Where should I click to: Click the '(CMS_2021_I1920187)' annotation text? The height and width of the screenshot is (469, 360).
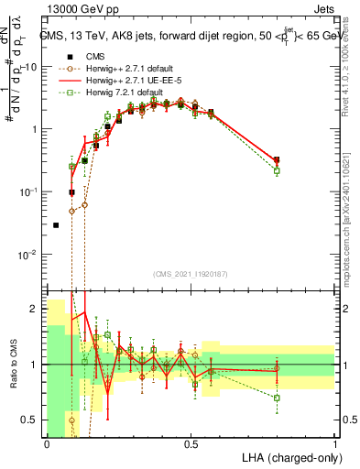coord(191,274)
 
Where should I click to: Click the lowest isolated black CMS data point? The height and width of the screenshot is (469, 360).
coord(56,224)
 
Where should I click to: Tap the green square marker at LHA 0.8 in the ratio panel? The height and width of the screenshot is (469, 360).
coord(277,398)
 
